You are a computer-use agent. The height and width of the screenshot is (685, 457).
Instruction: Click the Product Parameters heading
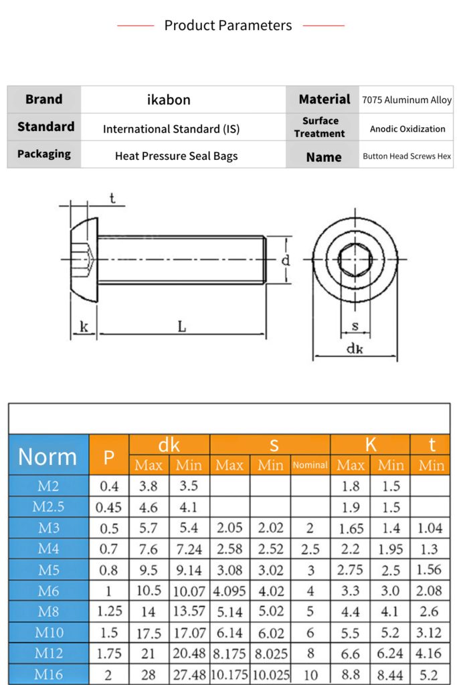(228, 25)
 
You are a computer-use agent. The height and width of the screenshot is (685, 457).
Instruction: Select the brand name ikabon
(169, 100)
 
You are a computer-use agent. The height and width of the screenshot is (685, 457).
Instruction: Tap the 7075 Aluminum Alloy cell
(407, 100)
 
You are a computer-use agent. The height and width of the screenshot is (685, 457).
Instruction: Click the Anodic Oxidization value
(407, 128)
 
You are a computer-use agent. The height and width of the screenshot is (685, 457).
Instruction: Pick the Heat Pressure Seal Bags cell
(176, 156)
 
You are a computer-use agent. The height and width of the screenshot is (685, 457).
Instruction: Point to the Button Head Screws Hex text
(407, 157)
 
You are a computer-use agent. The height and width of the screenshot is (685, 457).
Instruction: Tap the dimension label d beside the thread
(286, 260)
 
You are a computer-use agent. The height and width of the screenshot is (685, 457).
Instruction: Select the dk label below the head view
(354, 349)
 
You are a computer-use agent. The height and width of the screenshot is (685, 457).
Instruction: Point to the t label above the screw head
(112, 197)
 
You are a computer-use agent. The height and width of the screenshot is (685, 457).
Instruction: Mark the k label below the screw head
(84, 326)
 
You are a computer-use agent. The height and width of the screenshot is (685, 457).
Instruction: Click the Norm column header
(48, 456)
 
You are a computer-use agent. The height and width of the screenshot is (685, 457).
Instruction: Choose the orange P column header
(108, 457)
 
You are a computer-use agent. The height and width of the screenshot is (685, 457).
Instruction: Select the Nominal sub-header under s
(310, 465)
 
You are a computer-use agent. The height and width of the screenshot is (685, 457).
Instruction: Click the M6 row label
(48, 591)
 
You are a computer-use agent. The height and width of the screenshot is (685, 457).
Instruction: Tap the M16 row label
(48, 674)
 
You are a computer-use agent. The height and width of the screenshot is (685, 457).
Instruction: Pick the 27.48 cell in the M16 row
(189, 674)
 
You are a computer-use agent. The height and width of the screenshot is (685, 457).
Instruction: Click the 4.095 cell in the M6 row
(230, 591)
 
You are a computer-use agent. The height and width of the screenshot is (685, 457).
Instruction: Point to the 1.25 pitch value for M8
(108, 611)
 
